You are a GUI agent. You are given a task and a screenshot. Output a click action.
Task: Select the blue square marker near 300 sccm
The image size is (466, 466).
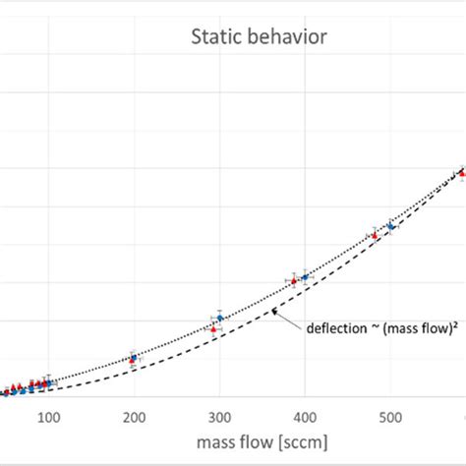220,318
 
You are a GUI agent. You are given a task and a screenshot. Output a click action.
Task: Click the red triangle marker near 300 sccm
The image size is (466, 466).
214,329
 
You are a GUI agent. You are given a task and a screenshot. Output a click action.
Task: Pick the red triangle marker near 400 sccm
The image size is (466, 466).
293,280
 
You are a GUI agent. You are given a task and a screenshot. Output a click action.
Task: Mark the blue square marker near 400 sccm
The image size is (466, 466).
305,277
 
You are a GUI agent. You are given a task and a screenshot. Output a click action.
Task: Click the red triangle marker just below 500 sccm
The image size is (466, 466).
374,236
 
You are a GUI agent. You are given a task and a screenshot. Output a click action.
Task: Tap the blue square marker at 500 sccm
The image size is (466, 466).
390,226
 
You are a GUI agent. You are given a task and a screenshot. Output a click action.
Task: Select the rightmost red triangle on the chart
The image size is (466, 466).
461,173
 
